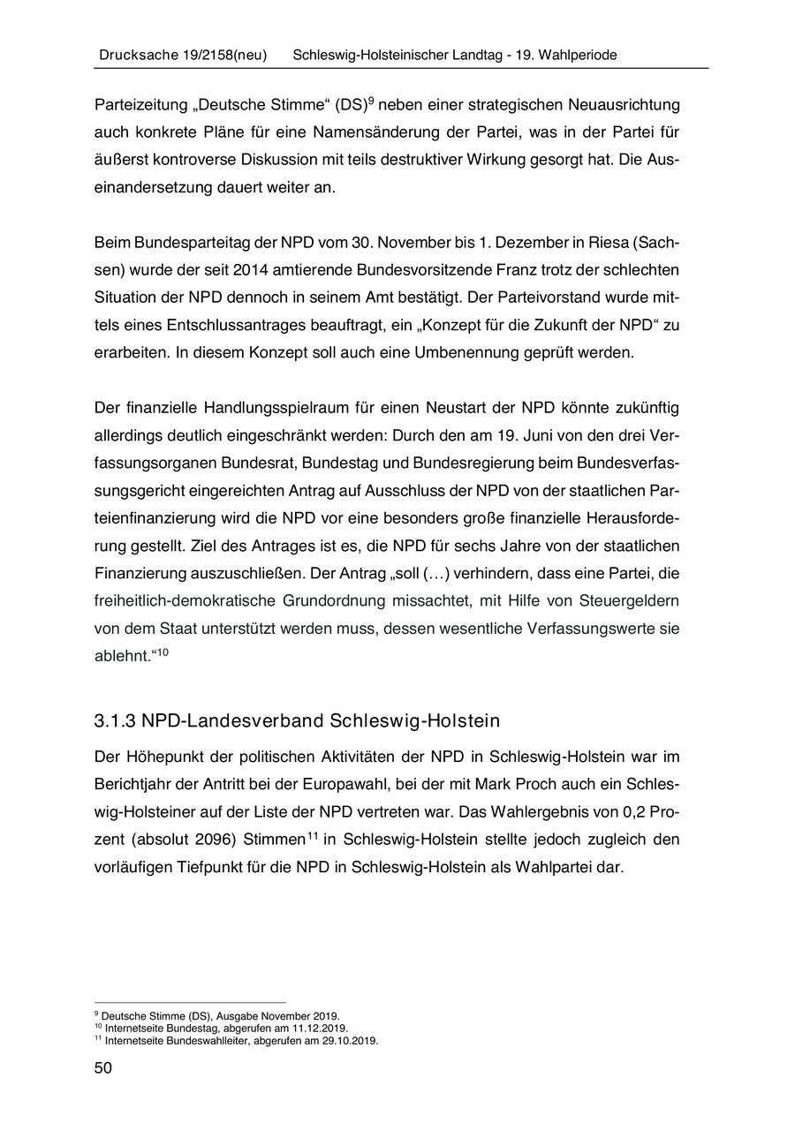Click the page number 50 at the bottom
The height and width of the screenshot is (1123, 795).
[103, 1068]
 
